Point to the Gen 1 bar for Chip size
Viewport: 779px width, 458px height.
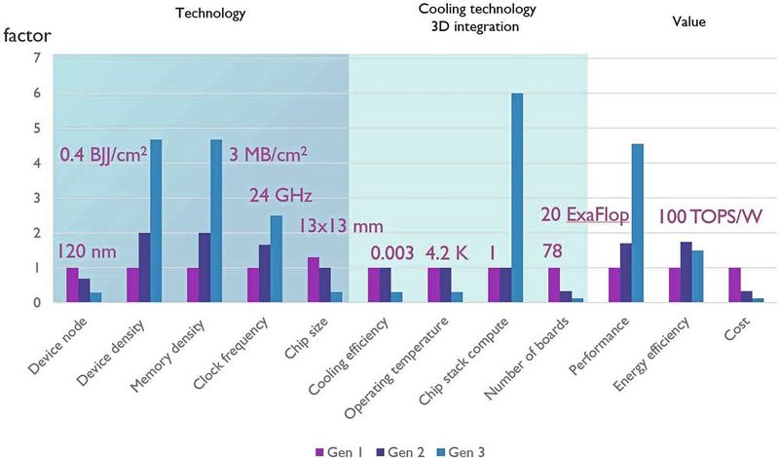pos(313,280)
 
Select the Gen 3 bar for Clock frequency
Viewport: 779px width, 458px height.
pos(277,259)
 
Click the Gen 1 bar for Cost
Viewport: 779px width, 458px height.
pos(734,286)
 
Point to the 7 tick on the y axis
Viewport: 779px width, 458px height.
pos(36,57)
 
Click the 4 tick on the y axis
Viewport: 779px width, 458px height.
pos(36,163)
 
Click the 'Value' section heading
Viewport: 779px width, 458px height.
pos(687,20)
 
